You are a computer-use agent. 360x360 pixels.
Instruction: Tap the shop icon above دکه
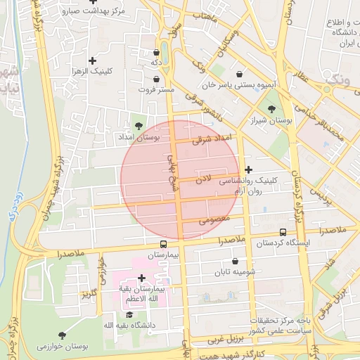click(x=156, y=53)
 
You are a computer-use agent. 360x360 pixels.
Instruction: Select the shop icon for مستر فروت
click(x=155, y=79)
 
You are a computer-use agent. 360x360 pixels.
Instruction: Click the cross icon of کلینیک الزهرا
click(x=92, y=61)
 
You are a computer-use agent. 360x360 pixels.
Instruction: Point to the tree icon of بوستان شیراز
click(x=272, y=109)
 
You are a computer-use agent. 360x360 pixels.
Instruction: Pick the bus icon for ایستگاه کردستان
click(x=283, y=232)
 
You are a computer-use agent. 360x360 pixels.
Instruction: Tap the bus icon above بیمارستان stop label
click(x=164, y=244)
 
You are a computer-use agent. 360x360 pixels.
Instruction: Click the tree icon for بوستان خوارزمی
click(x=62, y=335)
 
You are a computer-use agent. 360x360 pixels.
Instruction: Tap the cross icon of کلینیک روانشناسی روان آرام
click(x=248, y=169)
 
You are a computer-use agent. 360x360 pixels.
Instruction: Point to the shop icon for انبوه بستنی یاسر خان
click(x=240, y=74)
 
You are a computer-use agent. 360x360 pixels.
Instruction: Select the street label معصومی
click(x=215, y=220)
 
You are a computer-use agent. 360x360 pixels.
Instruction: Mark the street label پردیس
click(x=320, y=192)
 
